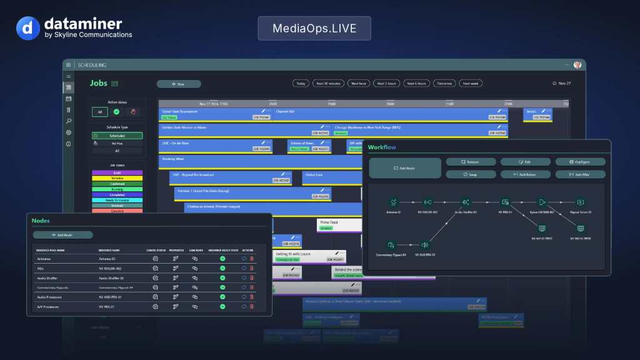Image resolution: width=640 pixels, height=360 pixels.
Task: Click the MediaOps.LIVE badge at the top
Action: [x=314, y=28]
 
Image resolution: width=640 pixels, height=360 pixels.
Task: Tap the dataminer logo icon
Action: [x=27, y=29]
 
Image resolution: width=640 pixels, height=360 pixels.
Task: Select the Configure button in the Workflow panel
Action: [x=580, y=162]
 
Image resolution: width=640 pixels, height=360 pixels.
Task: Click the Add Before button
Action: [x=525, y=174]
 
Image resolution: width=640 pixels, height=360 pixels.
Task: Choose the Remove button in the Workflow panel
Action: [x=470, y=162]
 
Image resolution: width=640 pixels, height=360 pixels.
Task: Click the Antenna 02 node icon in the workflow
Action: [x=393, y=202]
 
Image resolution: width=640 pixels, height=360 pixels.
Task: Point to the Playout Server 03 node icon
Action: [x=581, y=202]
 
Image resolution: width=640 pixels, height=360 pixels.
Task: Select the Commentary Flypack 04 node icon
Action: [x=391, y=244]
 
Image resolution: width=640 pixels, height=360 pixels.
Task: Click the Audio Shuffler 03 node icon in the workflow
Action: [x=466, y=202]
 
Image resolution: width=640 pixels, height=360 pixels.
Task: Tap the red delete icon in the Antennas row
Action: [x=252, y=258]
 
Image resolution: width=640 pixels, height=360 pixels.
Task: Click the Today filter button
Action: [x=301, y=83]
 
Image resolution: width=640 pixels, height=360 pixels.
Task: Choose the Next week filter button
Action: [x=471, y=83]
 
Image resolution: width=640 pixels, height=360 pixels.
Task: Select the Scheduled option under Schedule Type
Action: [x=117, y=135]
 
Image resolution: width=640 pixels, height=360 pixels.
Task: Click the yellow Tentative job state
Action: [x=117, y=178]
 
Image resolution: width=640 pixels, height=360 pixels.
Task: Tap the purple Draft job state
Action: [x=117, y=172]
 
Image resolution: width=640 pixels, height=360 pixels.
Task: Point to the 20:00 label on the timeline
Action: [x=389, y=104]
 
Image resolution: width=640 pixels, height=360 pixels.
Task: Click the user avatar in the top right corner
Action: [x=577, y=64]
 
